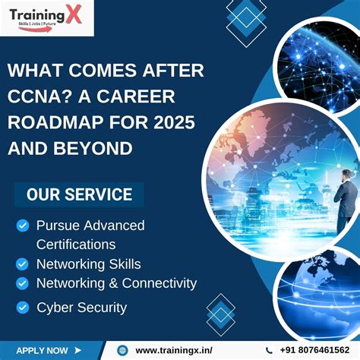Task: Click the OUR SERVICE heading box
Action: [x=79, y=194]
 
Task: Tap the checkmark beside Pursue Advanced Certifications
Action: [x=23, y=226]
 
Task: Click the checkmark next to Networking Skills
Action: [x=23, y=264]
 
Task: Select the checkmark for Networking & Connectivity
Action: [x=23, y=283]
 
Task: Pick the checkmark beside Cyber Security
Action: [x=23, y=308]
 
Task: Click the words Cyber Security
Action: [x=82, y=308]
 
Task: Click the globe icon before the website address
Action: [x=122, y=350]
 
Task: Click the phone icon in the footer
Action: [x=270, y=350]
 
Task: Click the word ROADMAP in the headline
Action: [x=62, y=122]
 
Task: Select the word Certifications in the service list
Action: [x=76, y=245]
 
